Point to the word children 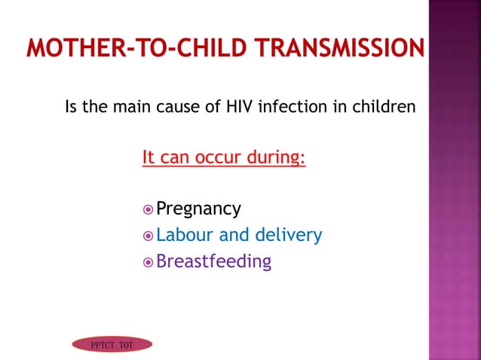pyautogui.click(x=384, y=106)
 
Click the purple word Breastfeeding pyautogui.click(x=213, y=261)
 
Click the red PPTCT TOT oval pyautogui.click(x=112, y=344)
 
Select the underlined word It pyautogui.click(x=149, y=159)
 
